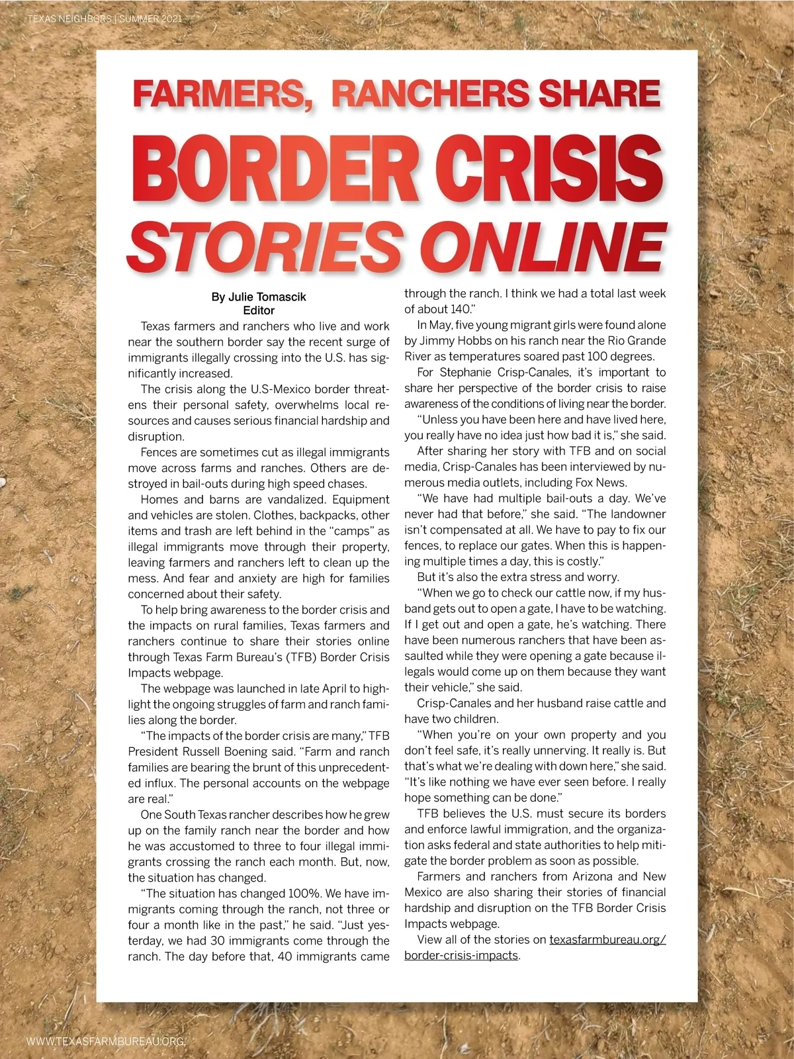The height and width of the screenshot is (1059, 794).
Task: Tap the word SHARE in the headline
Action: [x=599, y=93]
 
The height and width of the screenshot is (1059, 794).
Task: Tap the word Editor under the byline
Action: [x=259, y=310]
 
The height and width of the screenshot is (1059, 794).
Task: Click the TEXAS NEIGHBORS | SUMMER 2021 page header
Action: [x=105, y=19]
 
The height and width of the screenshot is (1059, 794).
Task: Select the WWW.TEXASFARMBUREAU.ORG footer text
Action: [x=106, y=1041]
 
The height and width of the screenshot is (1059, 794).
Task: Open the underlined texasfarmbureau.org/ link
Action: [x=607, y=940]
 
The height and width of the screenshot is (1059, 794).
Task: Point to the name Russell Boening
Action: [x=219, y=751]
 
